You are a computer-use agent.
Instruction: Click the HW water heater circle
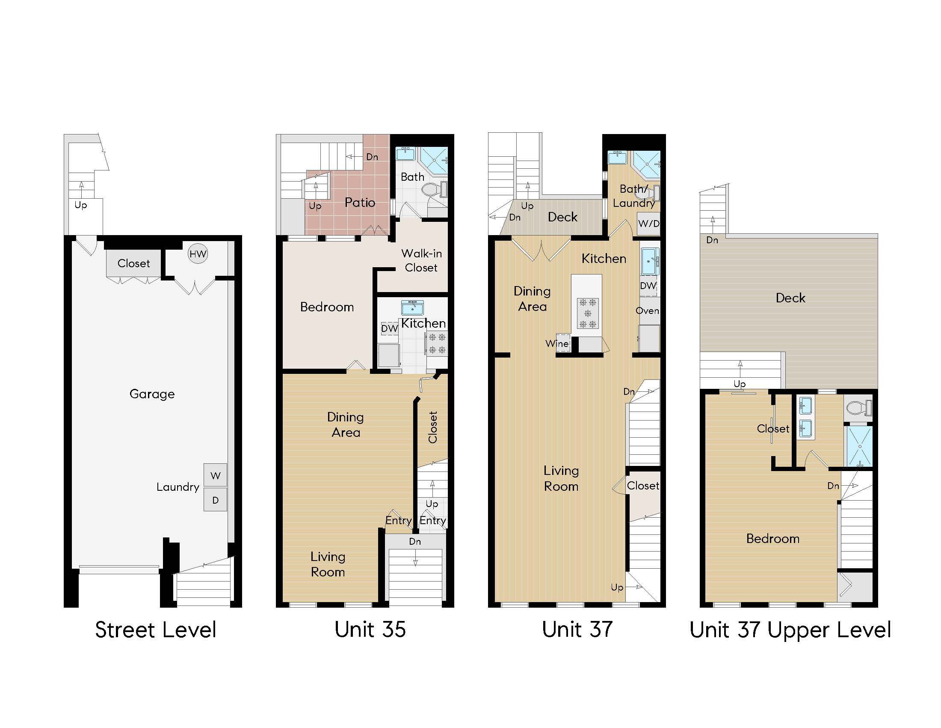pyautogui.click(x=198, y=254)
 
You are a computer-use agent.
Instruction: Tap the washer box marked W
pyautogui.click(x=216, y=475)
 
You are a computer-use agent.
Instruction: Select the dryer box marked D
pyautogui.click(x=216, y=500)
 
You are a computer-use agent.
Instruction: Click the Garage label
pyautogui.click(x=152, y=394)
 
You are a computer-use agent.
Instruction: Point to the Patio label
pyautogui.click(x=360, y=202)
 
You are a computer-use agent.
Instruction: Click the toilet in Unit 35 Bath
pyautogui.click(x=434, y=189)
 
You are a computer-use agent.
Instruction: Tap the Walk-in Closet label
pyautogui.click(x=421, y=260)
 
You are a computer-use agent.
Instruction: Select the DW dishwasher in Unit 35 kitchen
pyautogui.click(x=389, y=328)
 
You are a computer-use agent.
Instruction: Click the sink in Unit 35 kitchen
pyautogui.click(x=412, y=308)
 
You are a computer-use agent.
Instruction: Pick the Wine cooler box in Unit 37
pyautogui.click(x=563, y=343)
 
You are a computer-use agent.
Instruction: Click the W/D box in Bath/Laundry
pyautogui.click(x=648, y=224)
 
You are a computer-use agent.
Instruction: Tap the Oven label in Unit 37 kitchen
pyautogui.click(x=647, y=310)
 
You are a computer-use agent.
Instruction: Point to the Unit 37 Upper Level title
pyautogui.click(x=790, y=630)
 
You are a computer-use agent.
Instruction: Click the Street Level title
pyautogui.click(x=156, y=630)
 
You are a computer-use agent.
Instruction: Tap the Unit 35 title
pyautogui.click(x=370, y=629)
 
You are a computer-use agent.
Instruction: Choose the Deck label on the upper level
pyautogui.click(x=790, y=298)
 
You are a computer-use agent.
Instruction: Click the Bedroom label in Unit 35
pyautogui.click(x=327, y=307)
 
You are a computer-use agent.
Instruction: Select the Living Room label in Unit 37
pyautogui.click(x=561, y=478)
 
